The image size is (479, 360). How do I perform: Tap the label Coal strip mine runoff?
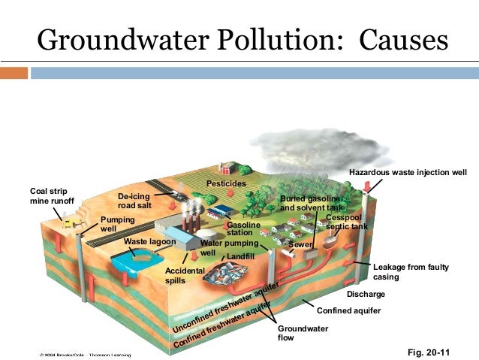52,195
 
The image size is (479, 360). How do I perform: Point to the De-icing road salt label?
135,201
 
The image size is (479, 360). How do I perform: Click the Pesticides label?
226,184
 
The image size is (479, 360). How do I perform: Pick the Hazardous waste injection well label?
408,173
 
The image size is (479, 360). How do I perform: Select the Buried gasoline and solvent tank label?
310,202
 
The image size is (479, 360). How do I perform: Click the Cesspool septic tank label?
346,222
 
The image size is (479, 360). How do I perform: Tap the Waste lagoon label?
149,242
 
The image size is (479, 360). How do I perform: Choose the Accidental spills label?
185,275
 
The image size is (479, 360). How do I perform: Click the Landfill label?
241,257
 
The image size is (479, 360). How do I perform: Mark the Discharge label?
366,294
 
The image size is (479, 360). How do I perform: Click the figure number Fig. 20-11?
434,351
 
